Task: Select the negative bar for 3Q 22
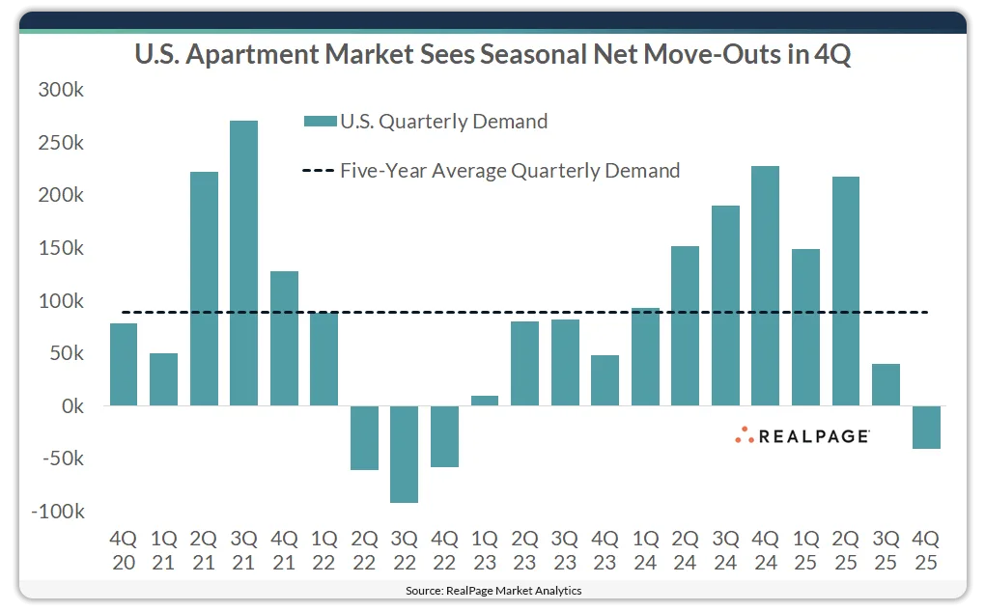coord(404,454)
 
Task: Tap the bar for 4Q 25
coord(926,427)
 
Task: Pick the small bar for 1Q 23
coord(485,401)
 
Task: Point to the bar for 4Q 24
coord(765,286)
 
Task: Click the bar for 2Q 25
coord(845,291)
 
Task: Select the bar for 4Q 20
coord(124,364)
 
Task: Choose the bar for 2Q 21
coord(204,289)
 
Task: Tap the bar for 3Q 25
coord(886,384)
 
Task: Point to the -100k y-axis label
coord(58,511)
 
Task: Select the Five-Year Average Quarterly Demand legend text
coord(510,171)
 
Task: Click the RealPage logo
coord(801,435)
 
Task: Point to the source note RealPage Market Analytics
coord(492,590)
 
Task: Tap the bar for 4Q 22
coord(444,436)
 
